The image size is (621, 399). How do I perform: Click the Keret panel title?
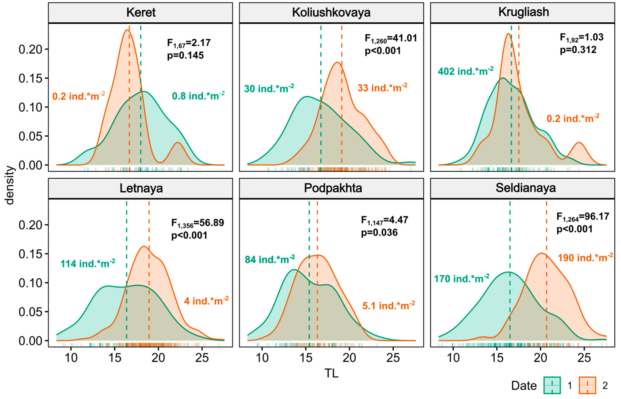(x=141, y=12)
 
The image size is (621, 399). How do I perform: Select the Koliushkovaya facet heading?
(x=331, y=12)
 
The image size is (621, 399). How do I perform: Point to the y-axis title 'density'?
(x=10, y=185)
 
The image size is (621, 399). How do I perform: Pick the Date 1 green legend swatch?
(x=552, y=385)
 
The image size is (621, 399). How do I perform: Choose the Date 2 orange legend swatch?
(x=587, y=385)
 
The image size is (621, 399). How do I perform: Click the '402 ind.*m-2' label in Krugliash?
(x=465, y=71)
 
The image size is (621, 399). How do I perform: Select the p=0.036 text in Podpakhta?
(x=379, y=232)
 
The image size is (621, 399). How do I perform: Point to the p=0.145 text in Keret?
(x=185, y=55)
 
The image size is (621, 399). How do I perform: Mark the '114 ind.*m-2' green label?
(x=88, y=264)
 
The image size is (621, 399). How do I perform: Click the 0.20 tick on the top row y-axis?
(x=30, y=49)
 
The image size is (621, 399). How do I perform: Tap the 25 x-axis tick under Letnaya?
(x=202, y=358)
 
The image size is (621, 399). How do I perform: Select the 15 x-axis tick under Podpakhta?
(x=306, y=358)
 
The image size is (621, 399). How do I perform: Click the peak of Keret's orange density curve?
(x=127, y=30)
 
